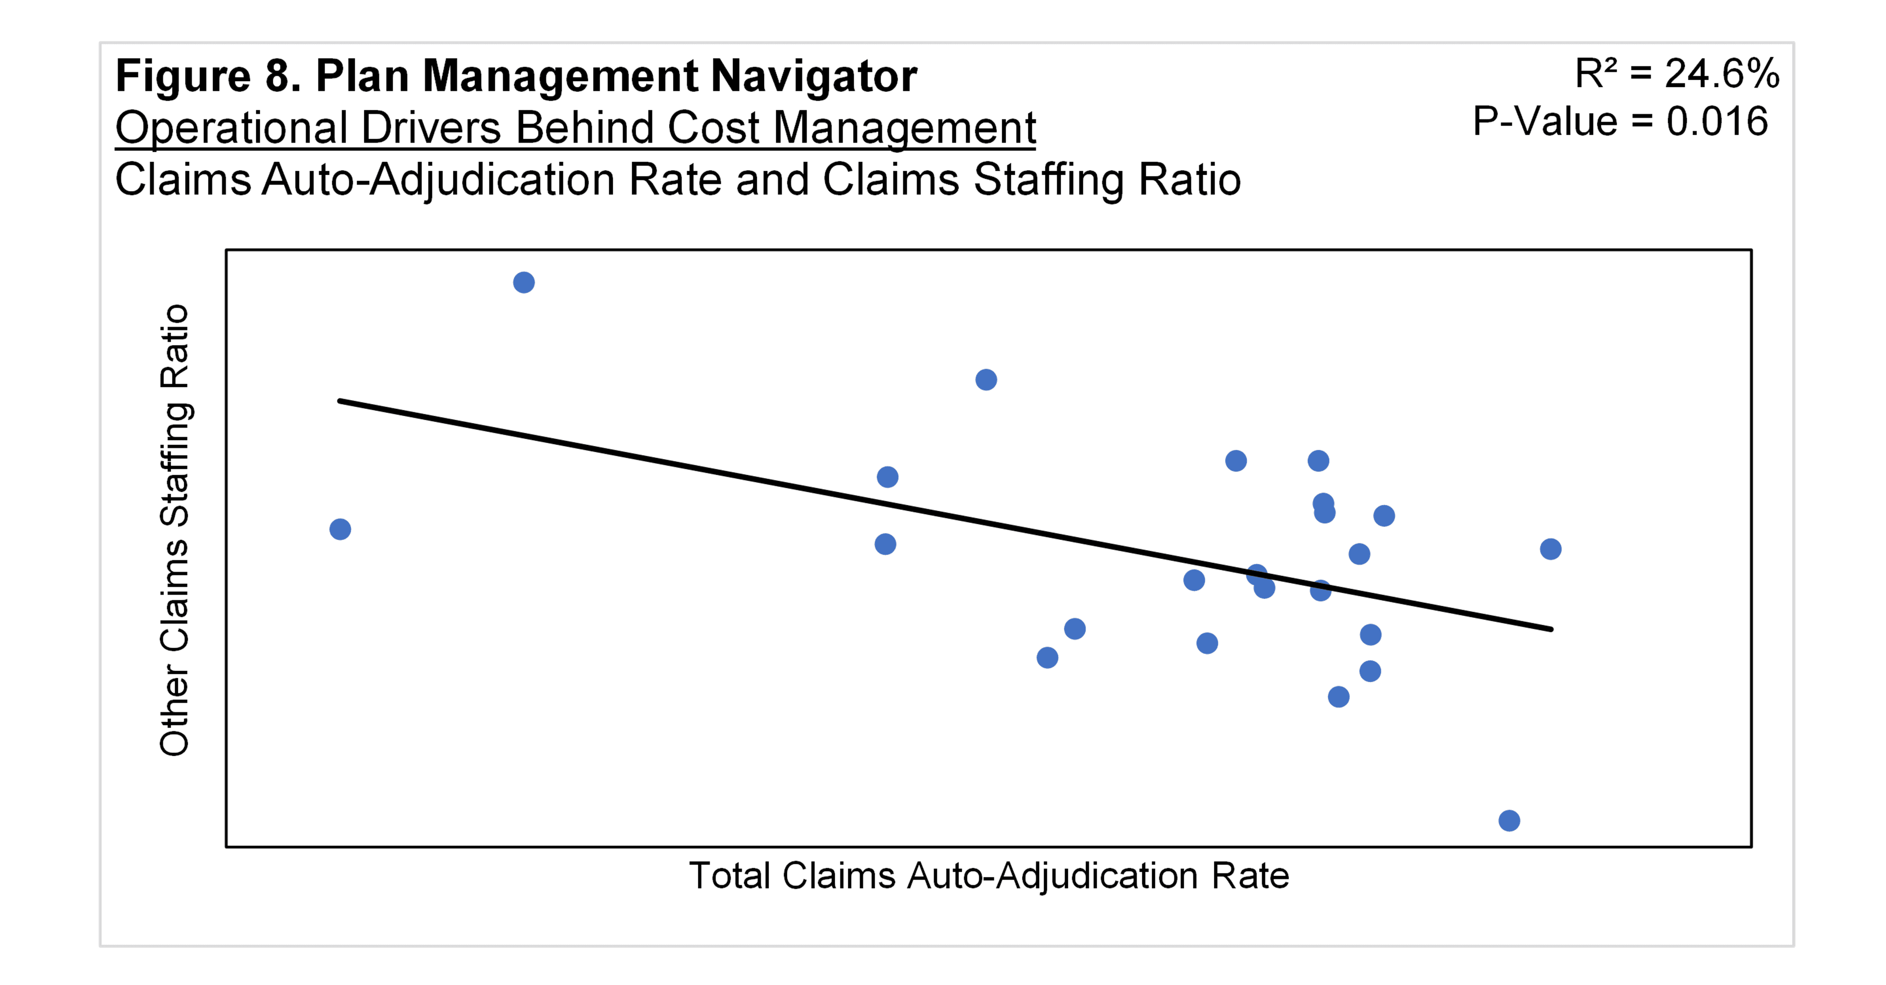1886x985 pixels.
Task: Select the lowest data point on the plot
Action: tap(1509, 820)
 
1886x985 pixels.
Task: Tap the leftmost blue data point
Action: tap(340, 529)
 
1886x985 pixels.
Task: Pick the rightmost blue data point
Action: tap(1550, 549)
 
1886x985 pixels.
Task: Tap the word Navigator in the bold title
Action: tap(814, 76)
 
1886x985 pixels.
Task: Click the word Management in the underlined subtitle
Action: tap(904, 129)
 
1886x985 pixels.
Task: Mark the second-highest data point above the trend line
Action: tap(986, 379)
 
